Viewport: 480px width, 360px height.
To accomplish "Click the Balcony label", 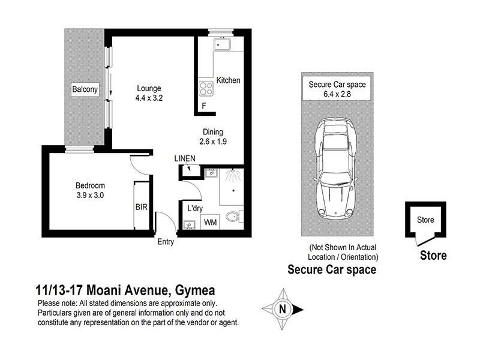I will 85,90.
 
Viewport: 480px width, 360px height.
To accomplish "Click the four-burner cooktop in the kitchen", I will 206,88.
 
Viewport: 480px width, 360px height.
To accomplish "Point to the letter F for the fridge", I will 204,107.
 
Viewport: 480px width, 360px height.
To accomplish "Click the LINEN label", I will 185,158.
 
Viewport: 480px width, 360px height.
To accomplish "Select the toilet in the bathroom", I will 233,217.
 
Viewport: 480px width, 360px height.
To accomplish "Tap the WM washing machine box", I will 211,223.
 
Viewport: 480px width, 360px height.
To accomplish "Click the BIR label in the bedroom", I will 142,208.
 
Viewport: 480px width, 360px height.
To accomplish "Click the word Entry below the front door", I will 166,242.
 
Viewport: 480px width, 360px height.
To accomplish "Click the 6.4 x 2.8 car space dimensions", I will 337,94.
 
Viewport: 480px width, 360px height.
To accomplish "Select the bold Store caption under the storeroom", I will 433,256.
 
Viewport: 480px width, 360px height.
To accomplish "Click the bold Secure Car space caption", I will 332,269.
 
